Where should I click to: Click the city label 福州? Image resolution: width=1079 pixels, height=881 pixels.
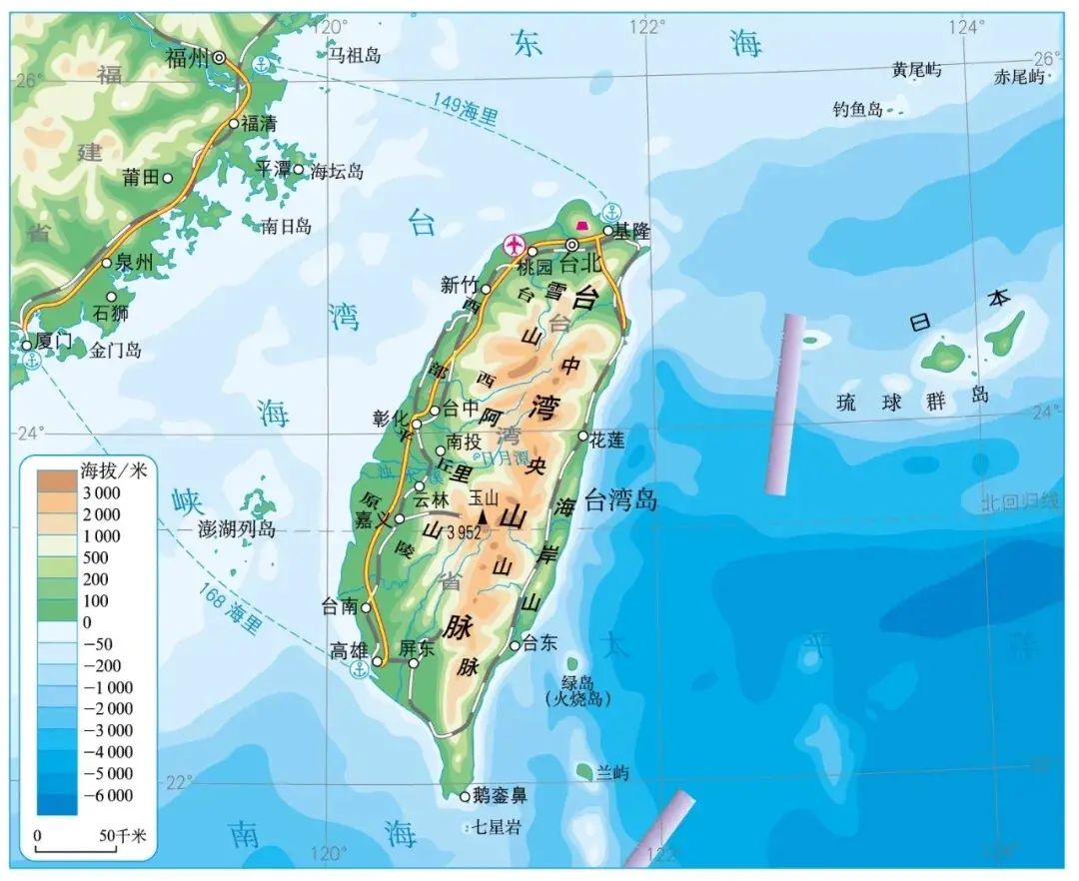pos(186,58)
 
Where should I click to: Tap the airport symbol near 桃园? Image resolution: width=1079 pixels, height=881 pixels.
pos(515,244)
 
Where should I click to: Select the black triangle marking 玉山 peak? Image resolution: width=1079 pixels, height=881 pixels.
pos(485,515)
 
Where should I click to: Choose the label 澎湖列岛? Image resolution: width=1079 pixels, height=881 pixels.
pos(238,529)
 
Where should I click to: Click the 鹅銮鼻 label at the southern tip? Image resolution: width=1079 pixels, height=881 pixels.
pos(500,796)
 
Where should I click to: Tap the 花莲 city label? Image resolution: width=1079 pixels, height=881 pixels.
pos(607,440)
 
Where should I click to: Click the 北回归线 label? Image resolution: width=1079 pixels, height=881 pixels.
pos(1019,501)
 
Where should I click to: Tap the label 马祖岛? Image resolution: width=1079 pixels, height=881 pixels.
pos(356,57)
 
